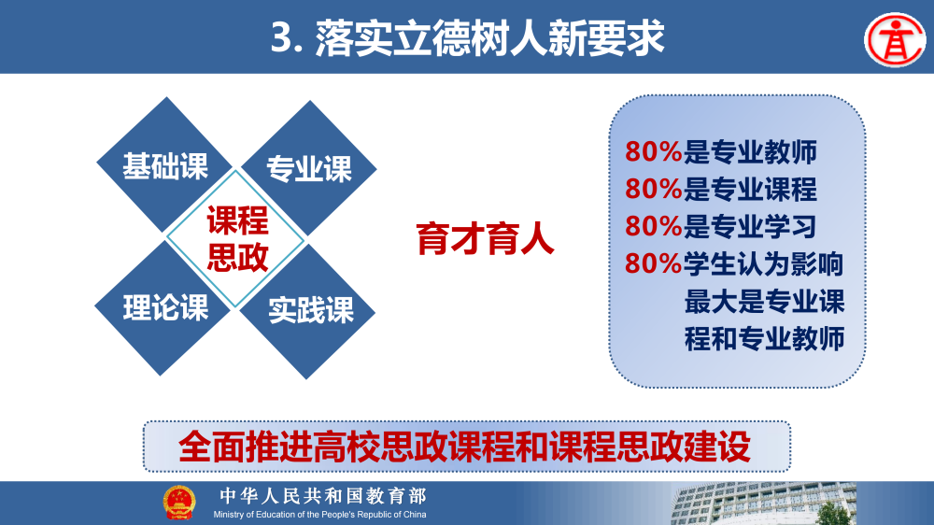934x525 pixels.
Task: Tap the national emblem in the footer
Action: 179,503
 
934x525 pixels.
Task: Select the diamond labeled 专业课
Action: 309,169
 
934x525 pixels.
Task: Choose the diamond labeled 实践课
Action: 310,310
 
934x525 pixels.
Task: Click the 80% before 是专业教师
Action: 653,152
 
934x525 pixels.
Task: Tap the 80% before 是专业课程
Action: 653,189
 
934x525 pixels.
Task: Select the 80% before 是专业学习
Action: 653,226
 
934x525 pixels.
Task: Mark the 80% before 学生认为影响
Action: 653,264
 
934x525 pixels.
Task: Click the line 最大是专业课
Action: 764,302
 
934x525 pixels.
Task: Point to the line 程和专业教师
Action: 764,338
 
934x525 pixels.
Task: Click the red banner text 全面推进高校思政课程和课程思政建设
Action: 464,446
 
